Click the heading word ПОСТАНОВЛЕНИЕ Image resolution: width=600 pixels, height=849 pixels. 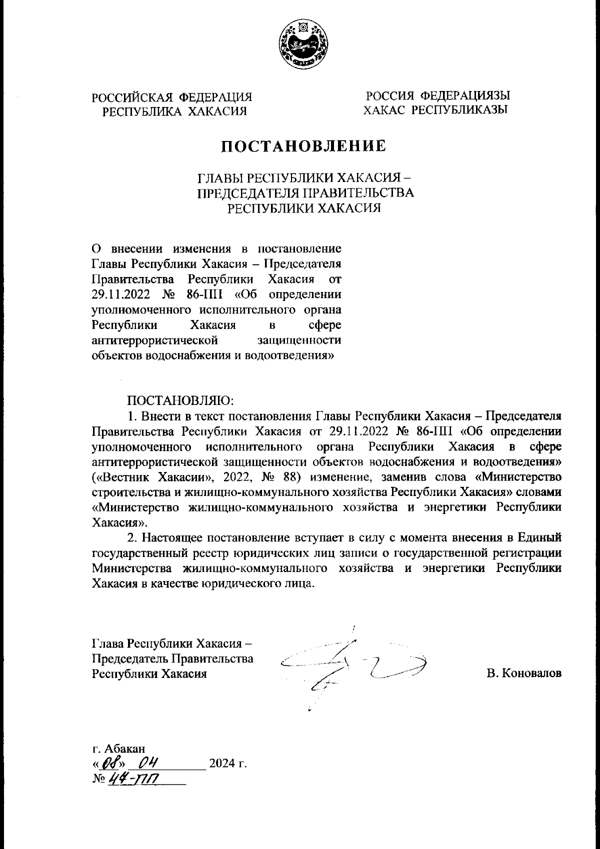(303, 146)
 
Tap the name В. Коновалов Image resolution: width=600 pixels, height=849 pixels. (524, 673)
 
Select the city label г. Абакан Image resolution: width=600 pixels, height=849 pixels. (119, 748)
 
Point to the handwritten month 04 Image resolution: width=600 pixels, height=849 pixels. (148, 763)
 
